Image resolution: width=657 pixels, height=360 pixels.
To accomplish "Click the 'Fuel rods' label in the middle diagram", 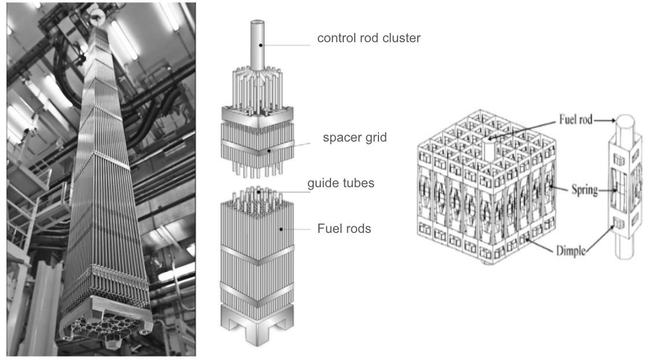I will pyautogui.click(x=344, y=228).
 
